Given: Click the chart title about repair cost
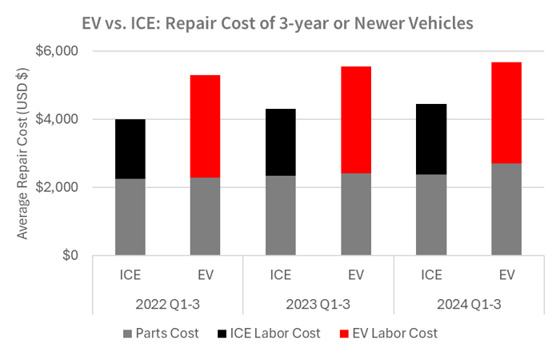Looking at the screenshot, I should [280, 22].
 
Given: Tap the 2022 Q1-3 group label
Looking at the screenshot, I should [168, 304].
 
